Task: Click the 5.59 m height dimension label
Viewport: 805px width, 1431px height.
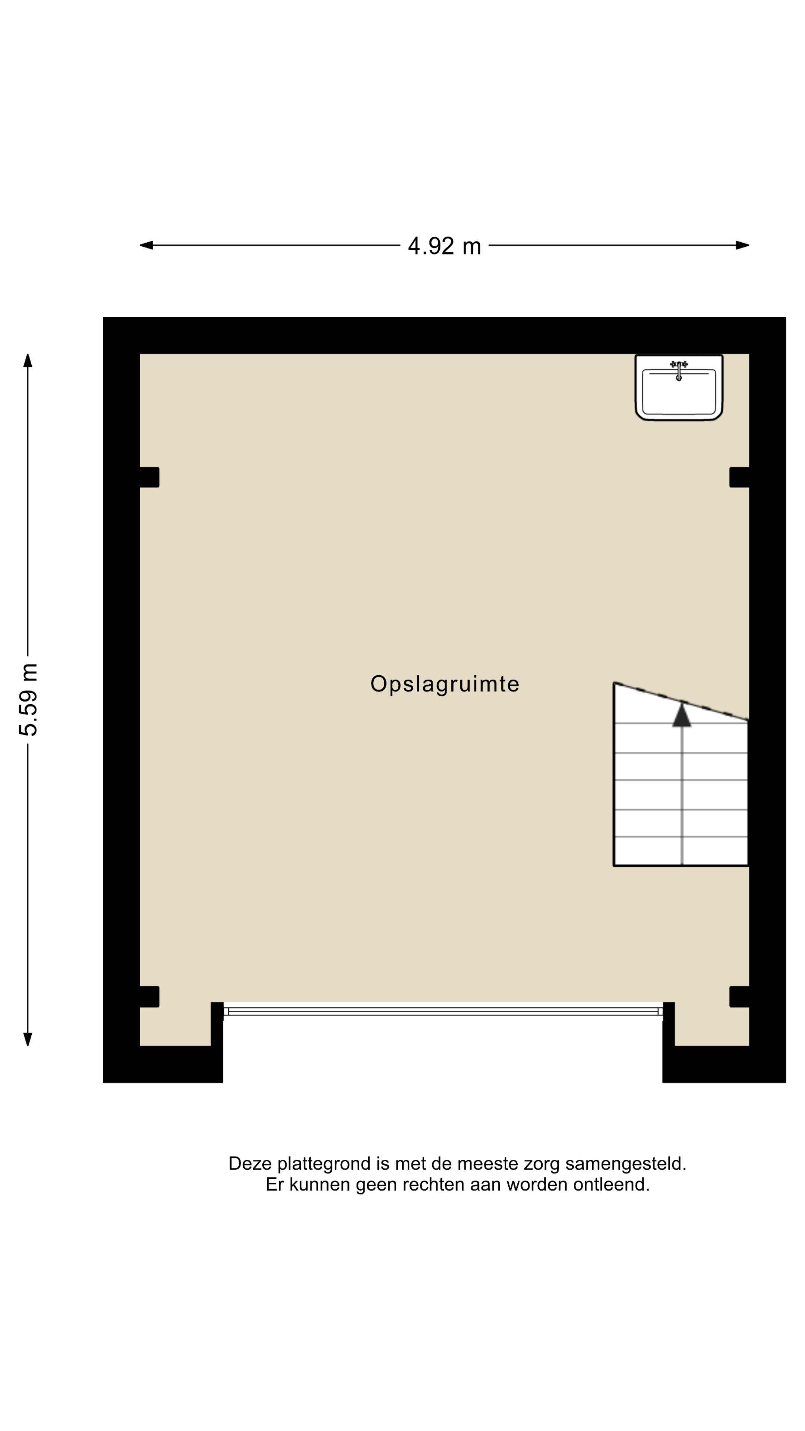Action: pos(28,700)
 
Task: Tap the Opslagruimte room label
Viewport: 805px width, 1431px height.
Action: pos(445,684)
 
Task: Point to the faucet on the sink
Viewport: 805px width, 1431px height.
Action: pos(678,369)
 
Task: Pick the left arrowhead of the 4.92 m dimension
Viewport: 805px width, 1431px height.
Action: pos(146,245)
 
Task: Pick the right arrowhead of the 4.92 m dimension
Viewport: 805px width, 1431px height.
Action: pos(742,245)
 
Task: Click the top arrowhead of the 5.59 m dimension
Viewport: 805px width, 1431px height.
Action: pos(28,360)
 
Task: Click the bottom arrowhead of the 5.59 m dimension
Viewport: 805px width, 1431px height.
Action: pos(28,1039)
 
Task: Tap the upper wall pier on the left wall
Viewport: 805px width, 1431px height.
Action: pos(149,477)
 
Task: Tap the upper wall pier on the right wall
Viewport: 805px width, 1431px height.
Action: pos(739,477)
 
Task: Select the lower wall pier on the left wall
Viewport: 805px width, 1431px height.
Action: pos(149,996)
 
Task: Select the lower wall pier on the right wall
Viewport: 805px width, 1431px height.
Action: pos(739,996)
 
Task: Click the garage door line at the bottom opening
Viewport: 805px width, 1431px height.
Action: pos(443,1011)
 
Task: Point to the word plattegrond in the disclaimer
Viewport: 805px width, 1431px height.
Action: pos(324,1164)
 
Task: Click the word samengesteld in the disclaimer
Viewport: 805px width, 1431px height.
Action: pos(626,1164)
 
